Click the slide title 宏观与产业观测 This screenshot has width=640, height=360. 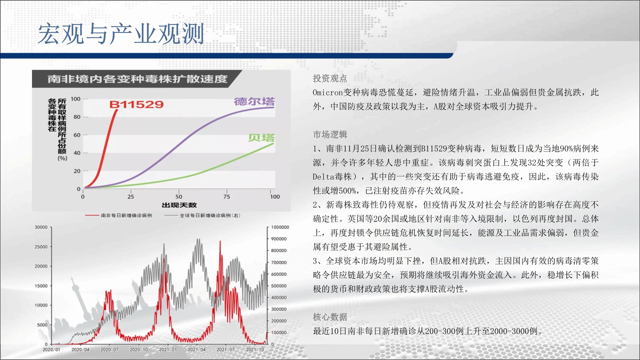point(121,34)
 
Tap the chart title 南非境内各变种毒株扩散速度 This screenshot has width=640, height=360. point(138,79)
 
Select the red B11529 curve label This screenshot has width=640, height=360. point(136,104)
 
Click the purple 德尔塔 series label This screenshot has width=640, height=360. point(254,101)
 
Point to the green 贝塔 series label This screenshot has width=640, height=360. point(261,138)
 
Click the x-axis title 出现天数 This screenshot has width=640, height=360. point(179,205)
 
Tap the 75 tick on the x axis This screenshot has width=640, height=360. point(227,196)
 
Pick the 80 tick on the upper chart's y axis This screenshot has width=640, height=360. point(77,117)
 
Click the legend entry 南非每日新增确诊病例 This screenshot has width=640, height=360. point(126,215)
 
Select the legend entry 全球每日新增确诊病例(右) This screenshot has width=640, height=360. point(210,215)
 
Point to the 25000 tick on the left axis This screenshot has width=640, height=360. point(41,247)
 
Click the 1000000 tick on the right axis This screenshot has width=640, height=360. point(280,227)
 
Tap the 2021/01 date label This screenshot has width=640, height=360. point(168,349)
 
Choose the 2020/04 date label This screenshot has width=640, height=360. point(80,349)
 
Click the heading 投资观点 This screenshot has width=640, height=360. point(330,78)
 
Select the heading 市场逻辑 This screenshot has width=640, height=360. point(330,134)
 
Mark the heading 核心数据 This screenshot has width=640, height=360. point(330,317)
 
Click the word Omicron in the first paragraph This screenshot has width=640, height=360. point(328,92)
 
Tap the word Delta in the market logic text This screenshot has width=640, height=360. point(324,177)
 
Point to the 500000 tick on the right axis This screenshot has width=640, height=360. point(279,286)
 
